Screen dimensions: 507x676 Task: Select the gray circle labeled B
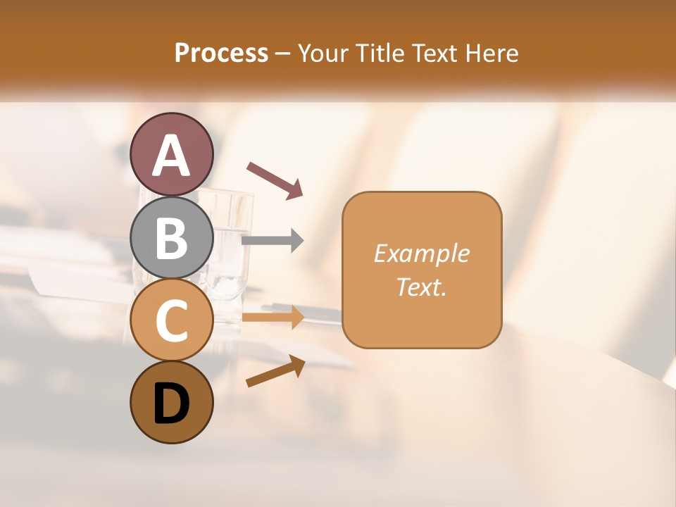click(172, 237)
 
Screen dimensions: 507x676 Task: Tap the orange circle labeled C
click(172, 320)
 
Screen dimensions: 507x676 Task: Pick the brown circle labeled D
click(172, 402)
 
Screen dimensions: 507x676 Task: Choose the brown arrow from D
click(275, 372)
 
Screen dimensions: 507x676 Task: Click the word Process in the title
click(221, 53)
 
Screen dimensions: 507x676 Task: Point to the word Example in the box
click(422, 254)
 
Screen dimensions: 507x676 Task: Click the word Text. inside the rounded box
click(422, 287)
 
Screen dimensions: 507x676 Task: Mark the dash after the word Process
click(282, 54)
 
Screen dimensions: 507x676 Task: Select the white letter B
click(172, 238)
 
